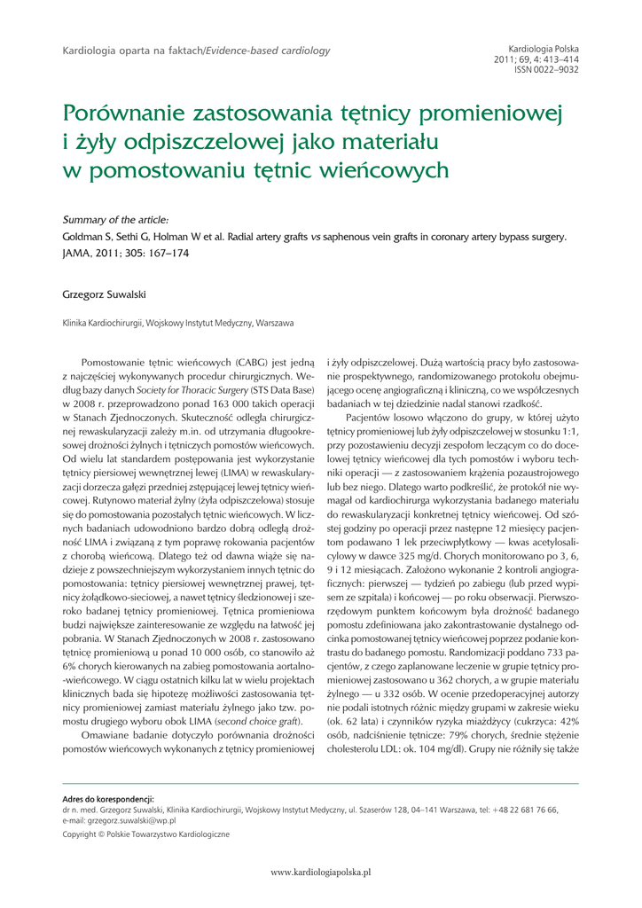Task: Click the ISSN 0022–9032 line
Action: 547,68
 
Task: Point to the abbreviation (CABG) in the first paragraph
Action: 255,363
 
